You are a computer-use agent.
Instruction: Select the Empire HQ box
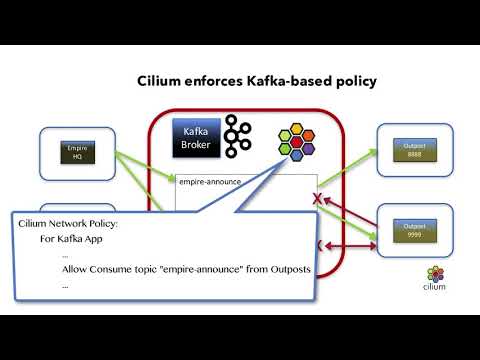pos(77,151)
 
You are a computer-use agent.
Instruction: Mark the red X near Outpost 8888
pos(318,200)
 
